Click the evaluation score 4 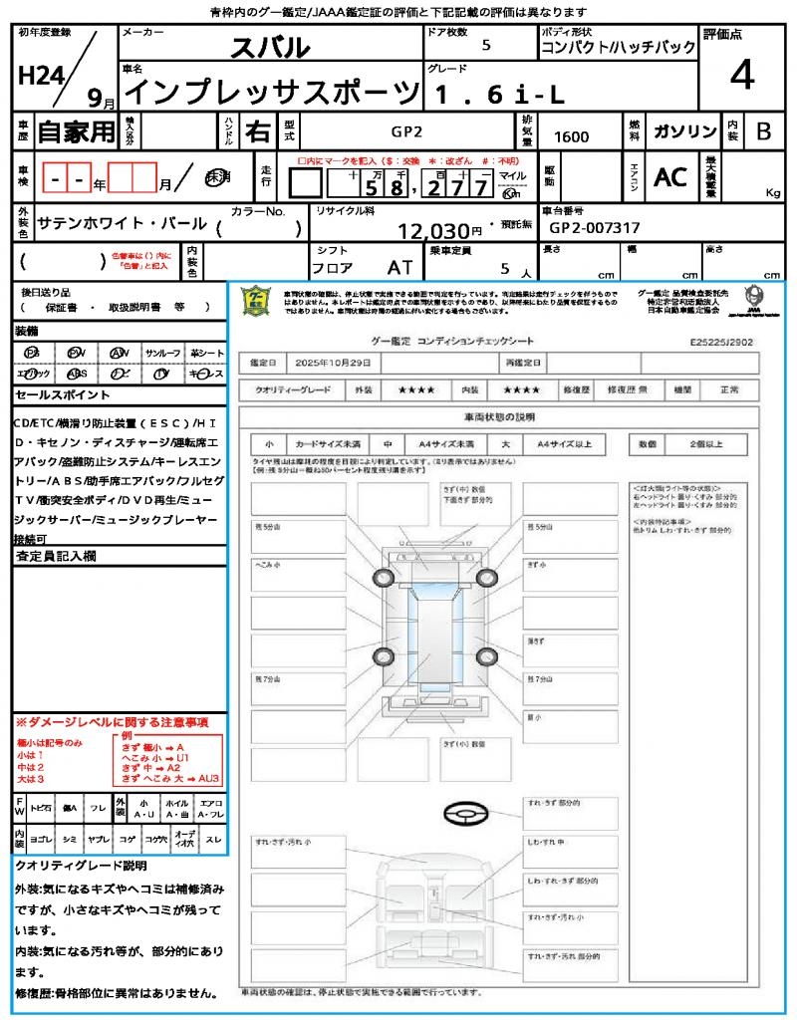pyautogui.click(x=740, y=75)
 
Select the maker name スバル pyautogui.click(x=270, y=47)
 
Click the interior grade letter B pyautogui.click(x=763, y=131)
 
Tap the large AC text pyautogui.click(x=670, y=176)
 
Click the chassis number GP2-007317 pyautogui.click(x=595, y=227)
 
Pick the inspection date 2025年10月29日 pyautogui.click(x=338, y=362)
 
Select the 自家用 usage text pyautogui.click(x=76, y=130)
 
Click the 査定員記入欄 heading pyautogui.click(x=56, y=556)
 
